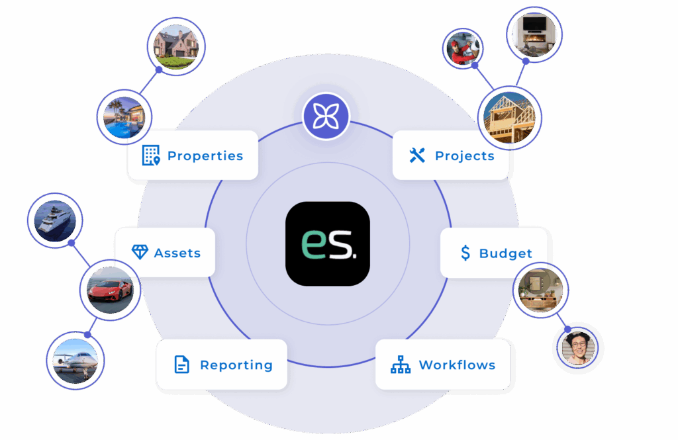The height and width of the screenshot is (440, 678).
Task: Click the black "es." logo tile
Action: (328, 243)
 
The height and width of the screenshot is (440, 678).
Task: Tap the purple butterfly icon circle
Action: (326, 116)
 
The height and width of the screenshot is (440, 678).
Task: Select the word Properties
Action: (205, 156)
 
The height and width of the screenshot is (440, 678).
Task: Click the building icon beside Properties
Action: (151, 155)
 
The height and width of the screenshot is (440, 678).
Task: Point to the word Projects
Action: (465, 156)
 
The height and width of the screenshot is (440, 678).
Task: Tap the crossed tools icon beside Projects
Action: (417, 155)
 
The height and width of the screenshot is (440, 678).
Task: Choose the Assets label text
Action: (177, 253)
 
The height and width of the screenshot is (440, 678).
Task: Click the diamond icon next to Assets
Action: (140, 252)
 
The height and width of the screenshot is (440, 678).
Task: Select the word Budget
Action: (505, 253)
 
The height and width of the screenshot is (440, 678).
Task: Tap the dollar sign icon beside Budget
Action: (465, 253)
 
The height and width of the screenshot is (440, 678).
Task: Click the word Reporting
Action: (236, 365)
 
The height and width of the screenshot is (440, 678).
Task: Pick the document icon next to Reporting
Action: (181, 365)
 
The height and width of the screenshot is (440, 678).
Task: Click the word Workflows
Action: (457, 365)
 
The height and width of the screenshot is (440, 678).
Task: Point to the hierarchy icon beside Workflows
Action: (401, 365)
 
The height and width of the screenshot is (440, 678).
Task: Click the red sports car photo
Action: (111, 290)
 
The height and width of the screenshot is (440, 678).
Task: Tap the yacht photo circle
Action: (55, 220)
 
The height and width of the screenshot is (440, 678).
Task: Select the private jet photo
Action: (75, 361)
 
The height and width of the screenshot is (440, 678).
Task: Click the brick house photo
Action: (176, 47)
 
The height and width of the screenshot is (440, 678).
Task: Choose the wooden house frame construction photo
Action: (509, 118)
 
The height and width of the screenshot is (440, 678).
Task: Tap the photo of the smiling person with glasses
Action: (577, 348)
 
